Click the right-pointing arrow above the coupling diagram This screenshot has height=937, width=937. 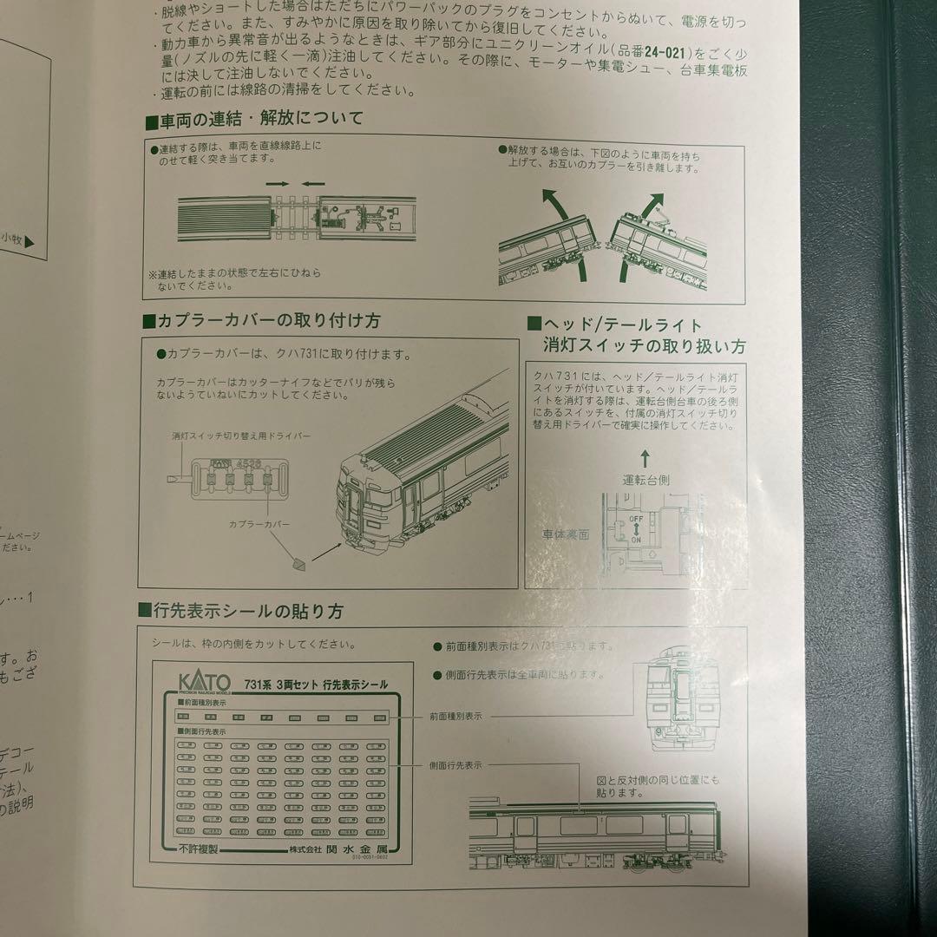tap(277, 184)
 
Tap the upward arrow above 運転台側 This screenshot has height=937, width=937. tap(645, 455)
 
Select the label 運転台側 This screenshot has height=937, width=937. tap(645, 479)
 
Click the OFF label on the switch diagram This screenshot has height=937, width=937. tap(635, 518)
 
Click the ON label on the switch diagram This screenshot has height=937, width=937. tap(636, 539)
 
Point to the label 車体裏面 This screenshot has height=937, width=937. tap(566, 534)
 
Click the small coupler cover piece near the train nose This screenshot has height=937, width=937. tap(299, 564)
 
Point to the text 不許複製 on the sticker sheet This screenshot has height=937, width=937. tap(201, 849)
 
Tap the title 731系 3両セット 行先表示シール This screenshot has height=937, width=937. tap(316, 685)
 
